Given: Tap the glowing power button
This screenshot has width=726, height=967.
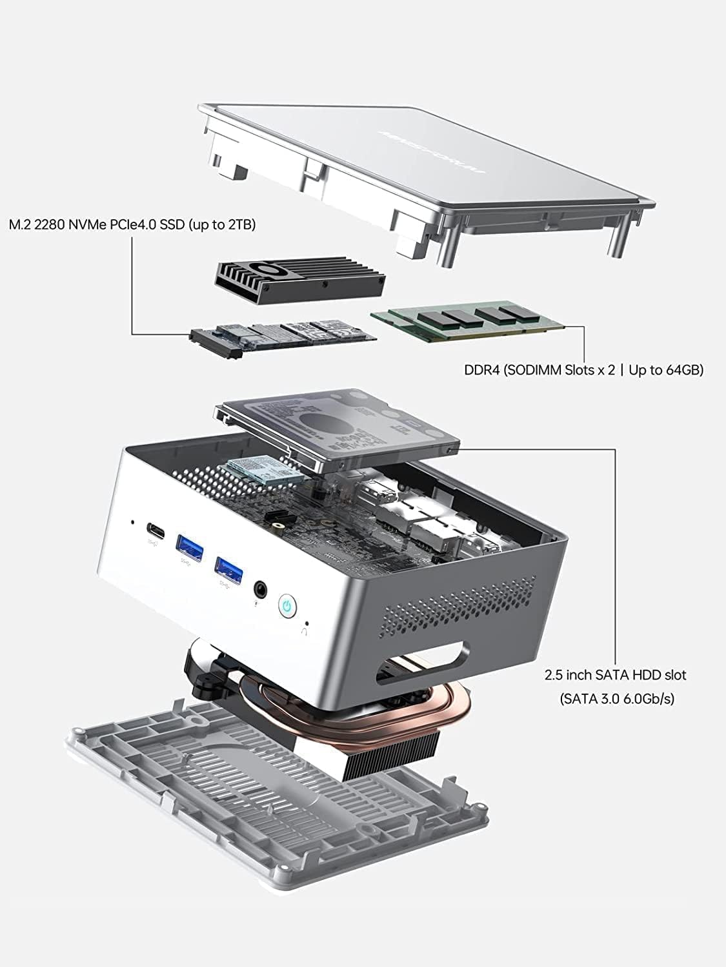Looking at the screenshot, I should [x=288, y=605].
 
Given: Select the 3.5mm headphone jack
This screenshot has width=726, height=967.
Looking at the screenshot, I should [x=261, y=588].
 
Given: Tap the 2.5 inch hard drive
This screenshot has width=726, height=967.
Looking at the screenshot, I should [x=339, y=428].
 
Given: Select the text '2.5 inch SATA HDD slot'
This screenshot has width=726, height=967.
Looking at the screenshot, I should [x=615, y=675].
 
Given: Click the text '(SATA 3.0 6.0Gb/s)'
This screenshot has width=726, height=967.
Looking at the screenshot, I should [x=616, y=698].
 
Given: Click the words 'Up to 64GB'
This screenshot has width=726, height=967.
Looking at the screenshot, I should [x=665, y=370].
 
